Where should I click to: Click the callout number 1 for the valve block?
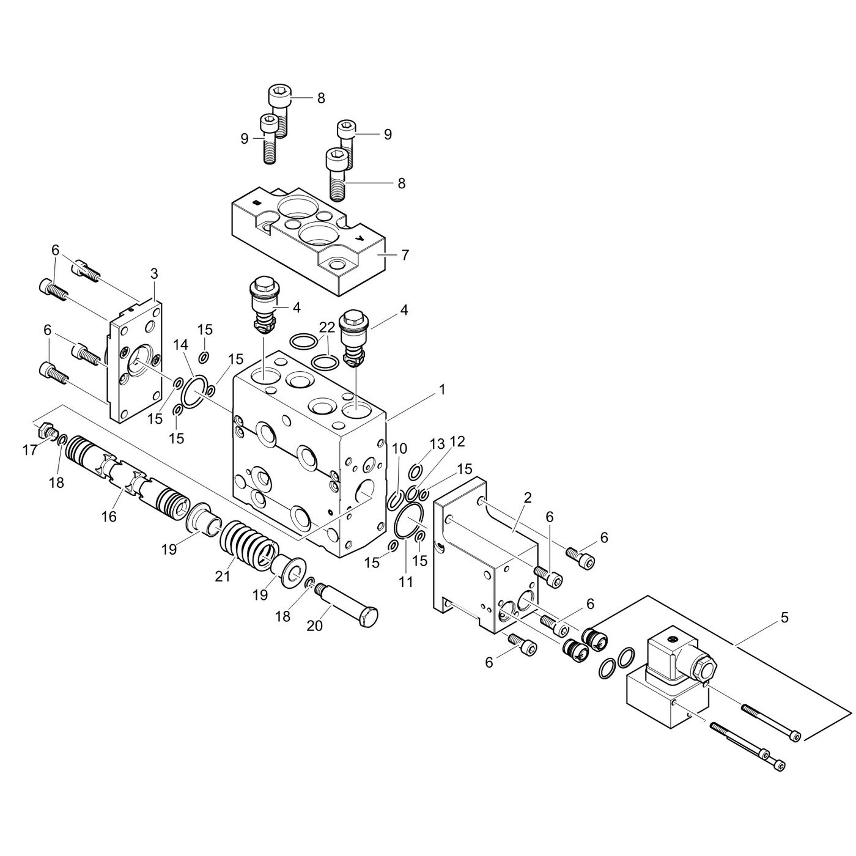(441, 389)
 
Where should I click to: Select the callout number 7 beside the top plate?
(405, 255)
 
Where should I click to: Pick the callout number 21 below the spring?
(223, 576)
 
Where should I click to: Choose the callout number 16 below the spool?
(109, 517)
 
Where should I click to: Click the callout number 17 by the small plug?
(30, 451)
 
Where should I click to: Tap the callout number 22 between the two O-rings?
(327, 328)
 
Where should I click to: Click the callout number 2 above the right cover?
(527, 498)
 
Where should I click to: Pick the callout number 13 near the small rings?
(437, 444)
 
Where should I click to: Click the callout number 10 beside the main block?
(399, 449)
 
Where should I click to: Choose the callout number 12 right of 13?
(457, 441)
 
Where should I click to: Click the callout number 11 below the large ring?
(406, 582)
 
